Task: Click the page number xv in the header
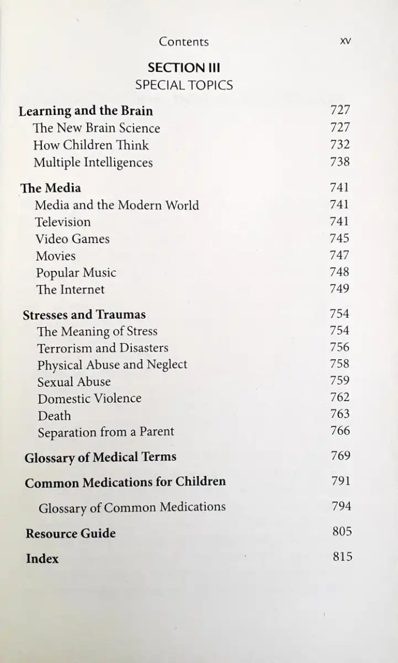tap(347, 41)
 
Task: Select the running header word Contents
tap(184, 41)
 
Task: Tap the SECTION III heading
tap(184, 68)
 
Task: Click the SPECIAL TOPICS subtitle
tap(184, 85)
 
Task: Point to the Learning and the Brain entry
tap(86, 111)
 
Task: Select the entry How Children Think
tap(91, 145)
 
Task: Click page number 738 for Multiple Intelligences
tap(339, 162)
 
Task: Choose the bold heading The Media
tap(51, 188)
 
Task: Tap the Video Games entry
tap(72, 239)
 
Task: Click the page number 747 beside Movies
tap(339, 255)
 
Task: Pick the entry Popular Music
tap(76, 273)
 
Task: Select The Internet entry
tap(70, 290)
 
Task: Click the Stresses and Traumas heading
tap(84, 315)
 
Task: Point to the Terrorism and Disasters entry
tap(103, 348)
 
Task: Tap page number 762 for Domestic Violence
tap(339, 397)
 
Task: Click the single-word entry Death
tap(54, 415)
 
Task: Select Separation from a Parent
tap(105, 432)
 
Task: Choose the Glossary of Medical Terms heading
tap(100, 457)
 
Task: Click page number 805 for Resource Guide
tap(342, 532)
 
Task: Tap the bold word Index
tap(42, 559)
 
